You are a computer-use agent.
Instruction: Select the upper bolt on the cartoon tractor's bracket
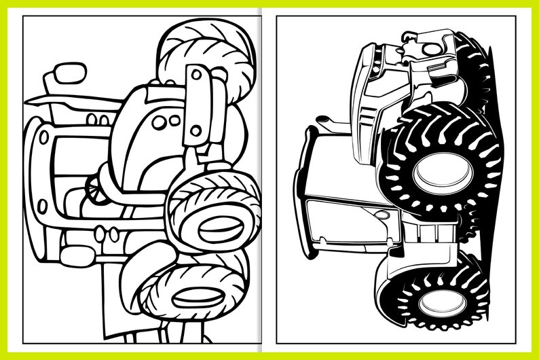[196, 75]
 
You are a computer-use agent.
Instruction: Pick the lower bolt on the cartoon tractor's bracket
[196, 129]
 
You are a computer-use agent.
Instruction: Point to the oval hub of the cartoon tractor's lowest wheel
[198, 297]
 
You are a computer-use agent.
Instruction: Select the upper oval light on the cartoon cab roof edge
[44, 137]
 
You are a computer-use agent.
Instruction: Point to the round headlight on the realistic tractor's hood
[432, 49]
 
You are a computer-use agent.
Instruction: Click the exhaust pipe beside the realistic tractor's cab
[327, 123]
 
